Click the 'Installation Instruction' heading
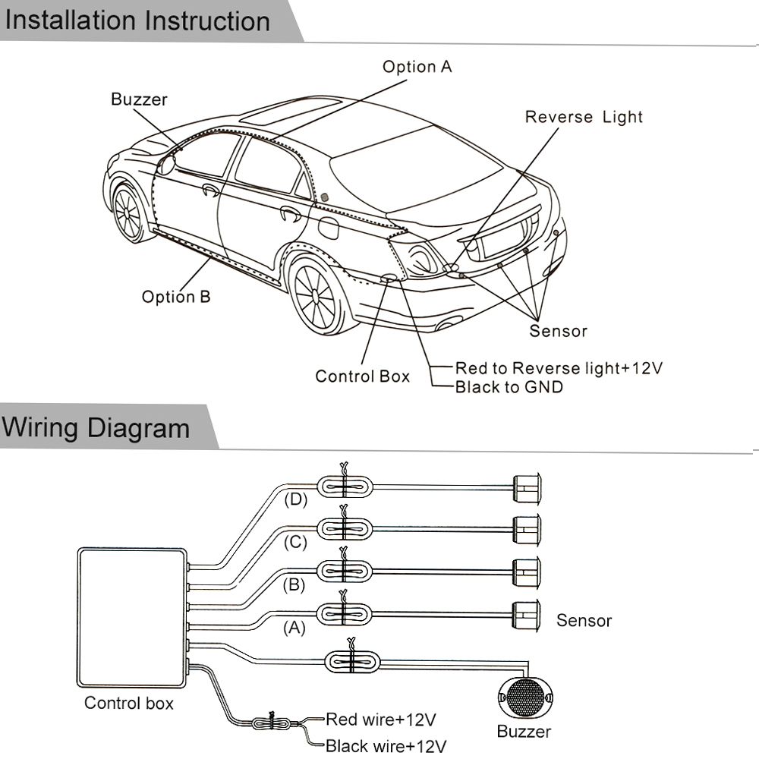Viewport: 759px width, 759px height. coord(137,20)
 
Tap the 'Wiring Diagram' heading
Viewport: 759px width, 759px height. coord(96,427)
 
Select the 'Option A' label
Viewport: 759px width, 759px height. coord(417,67)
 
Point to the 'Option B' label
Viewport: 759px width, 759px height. coord(175,297)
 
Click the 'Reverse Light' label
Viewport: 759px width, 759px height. coord(584,117)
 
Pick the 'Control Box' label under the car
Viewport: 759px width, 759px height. coord(362,376)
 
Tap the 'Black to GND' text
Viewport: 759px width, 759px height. coord(509,388)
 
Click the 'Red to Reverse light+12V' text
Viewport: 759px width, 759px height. coord(559,369)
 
